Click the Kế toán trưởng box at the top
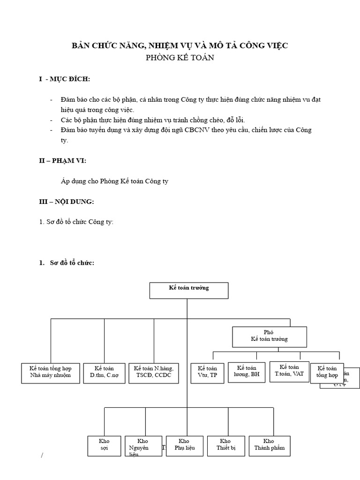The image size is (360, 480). pos(189,290)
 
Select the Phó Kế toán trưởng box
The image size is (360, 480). pos(269,336)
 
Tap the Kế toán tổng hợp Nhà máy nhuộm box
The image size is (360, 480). pos(51,372)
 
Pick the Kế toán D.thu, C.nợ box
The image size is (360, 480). pos(104,372)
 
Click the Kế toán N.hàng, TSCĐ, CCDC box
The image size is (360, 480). pos(153,372)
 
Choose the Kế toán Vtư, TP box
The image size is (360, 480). pos(208,372)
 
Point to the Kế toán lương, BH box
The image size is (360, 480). pos(247,372)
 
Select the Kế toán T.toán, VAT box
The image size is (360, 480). pos(289,371)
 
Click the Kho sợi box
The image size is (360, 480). pos(104,445)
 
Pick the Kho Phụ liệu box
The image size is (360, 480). pos(184,445)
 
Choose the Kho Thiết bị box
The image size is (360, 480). pos(225,445)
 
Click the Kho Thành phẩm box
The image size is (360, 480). pos(269,445)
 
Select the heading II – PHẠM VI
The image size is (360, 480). pos(62,161)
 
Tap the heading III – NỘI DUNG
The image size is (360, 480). pos(66,202)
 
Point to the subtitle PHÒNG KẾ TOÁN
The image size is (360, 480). pos(180,58)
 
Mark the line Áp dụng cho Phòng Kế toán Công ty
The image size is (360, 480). pos(114,181)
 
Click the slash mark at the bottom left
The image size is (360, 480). pos(42,456)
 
